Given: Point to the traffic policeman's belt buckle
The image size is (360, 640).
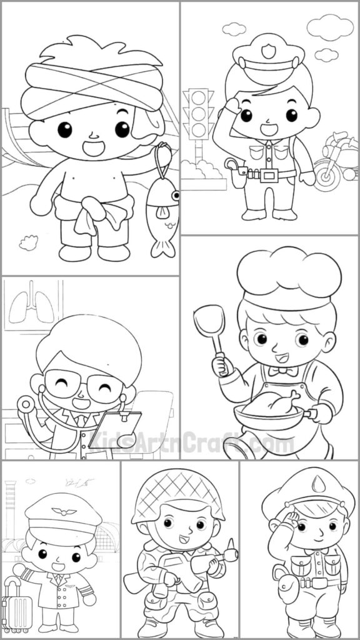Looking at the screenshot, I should [x=270, y=176].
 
